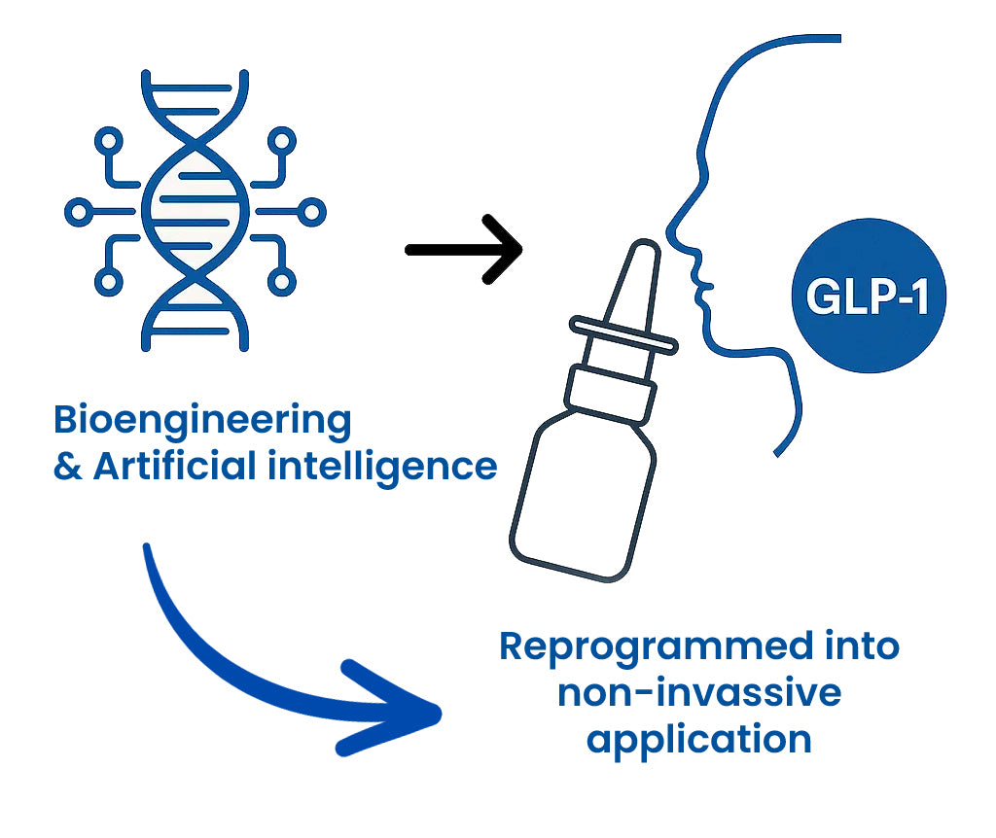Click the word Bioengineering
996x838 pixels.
[x=201, y=421]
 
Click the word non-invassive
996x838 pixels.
[x=698, y=693]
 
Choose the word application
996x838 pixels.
[x=698, y=740]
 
